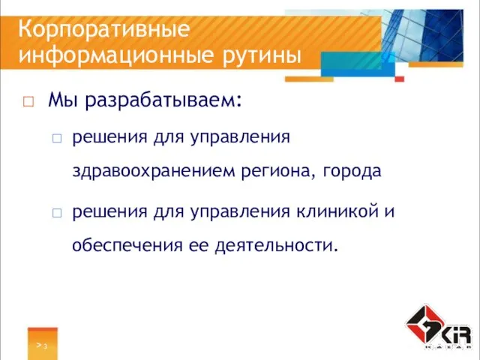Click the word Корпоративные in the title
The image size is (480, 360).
[103, 30]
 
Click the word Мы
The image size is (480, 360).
[61, 100]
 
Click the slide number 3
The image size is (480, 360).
[46, 346]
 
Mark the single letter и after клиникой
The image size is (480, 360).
[390, 212]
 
